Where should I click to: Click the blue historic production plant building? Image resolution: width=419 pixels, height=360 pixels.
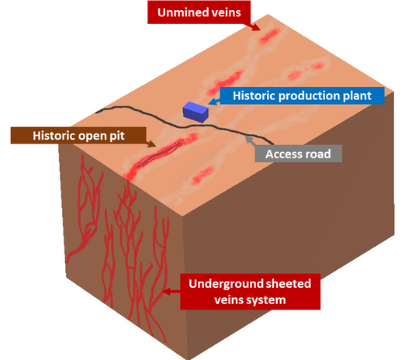(196, 112)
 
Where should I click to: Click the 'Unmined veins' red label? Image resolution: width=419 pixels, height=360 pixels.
(199, 12)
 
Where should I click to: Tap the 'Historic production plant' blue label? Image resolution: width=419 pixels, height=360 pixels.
(302, 95)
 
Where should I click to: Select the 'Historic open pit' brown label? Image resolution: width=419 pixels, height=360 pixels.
(78, 136)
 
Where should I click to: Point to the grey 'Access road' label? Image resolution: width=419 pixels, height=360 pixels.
(298, 154)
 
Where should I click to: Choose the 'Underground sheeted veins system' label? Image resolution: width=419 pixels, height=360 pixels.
(250, 292)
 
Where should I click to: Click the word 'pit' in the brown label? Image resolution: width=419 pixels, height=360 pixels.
(117, 136)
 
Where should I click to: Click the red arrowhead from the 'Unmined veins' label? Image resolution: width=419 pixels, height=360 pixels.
(256, 26)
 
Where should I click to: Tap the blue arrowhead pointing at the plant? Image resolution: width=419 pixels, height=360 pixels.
(212, 102)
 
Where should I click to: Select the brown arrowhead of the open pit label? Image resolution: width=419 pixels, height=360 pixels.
(151, 144)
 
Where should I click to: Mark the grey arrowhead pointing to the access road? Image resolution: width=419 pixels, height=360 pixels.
(249, 140)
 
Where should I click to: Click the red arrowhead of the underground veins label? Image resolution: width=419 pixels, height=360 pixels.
(167, 292)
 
